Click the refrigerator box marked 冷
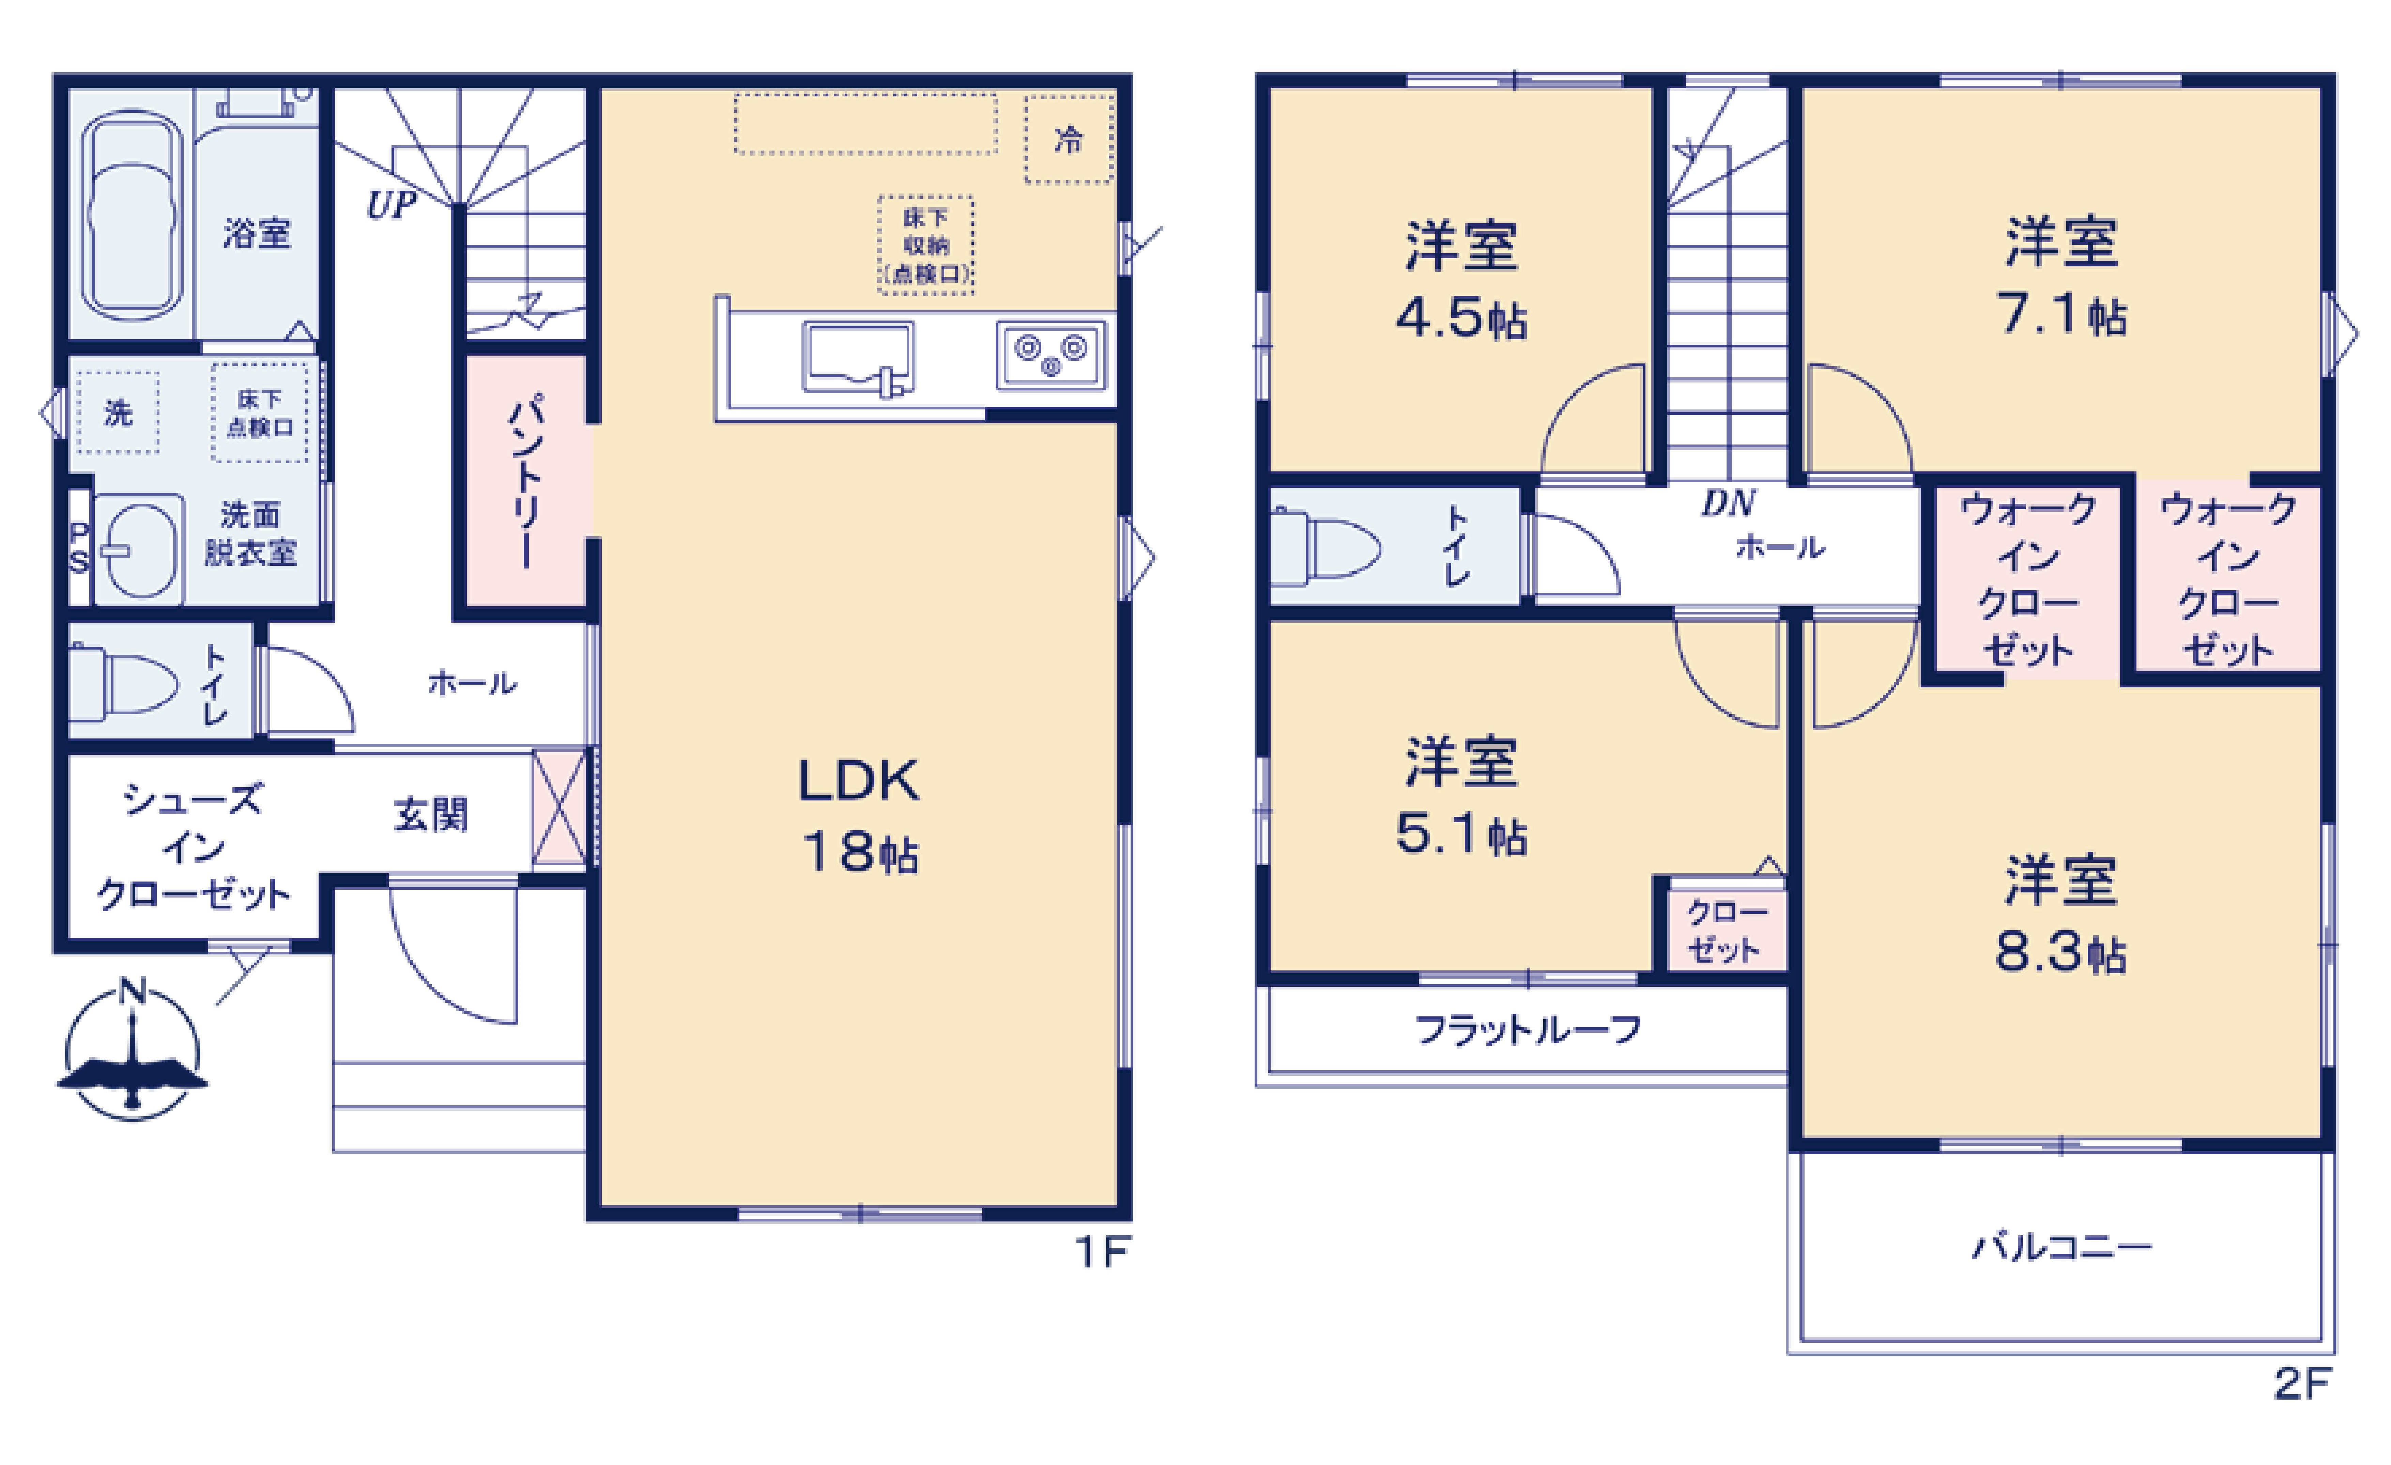(1068, 140)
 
